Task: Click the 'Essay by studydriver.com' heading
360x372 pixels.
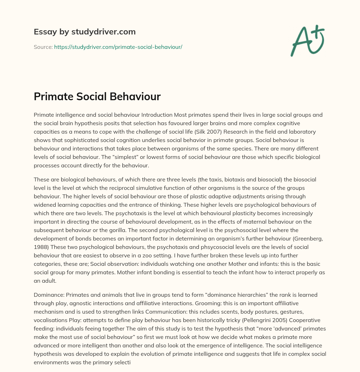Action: (84, 32)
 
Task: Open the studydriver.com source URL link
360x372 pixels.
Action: (118, 47)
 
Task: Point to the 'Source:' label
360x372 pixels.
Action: (43, 47)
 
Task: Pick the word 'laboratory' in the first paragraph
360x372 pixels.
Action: (304, 132)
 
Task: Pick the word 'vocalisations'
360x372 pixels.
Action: (51, 320)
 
